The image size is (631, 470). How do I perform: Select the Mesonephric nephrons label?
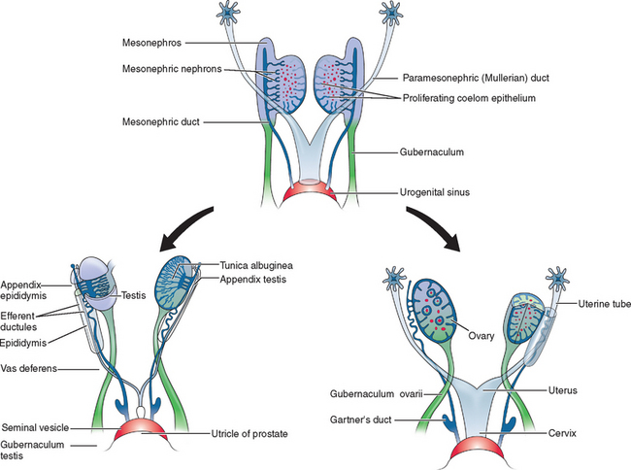point(167,68)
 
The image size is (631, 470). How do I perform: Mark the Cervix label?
point(550,433)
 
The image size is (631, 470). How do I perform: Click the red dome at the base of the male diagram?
point(145,438)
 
